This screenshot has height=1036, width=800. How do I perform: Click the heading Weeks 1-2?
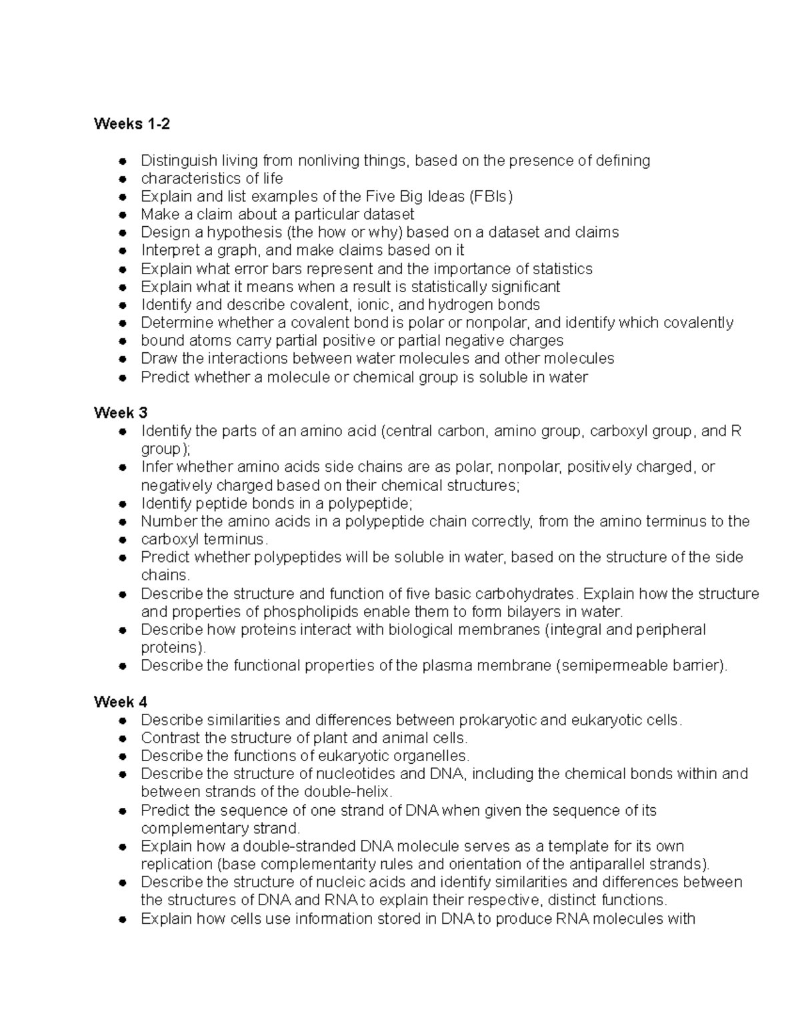pos(132,124)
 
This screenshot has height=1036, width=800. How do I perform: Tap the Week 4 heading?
pos(121,702)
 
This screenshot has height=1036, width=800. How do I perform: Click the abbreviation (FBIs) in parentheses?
pos(491,197)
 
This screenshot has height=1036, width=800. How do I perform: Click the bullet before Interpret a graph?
pos(122,251)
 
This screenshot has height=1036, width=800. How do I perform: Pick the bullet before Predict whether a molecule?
pos(122,378)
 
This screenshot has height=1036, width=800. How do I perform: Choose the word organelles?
pos(431,756)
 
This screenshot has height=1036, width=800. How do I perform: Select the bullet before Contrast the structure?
pos(122,739)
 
